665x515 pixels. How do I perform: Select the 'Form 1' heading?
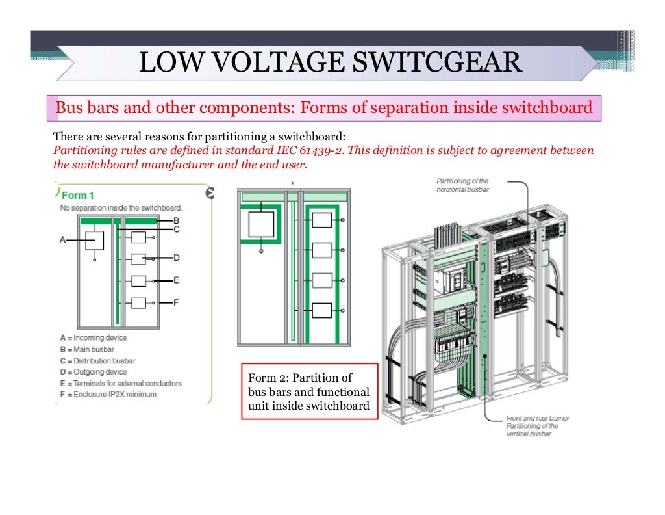coord(78,195)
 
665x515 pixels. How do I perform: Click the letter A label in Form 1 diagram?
coord(63,240)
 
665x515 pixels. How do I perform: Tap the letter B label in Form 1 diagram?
coord(176,220)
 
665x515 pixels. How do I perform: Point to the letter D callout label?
coord(176,258)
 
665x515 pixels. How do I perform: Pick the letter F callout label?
coord(176,302)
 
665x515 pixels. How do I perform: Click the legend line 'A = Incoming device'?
coord(93,338)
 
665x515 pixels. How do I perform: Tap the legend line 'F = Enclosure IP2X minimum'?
coord(108,394)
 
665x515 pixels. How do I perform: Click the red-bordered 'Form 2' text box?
coord(308,392)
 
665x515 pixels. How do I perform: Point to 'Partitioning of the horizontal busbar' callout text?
coord(462,185)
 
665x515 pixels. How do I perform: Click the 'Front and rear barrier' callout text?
coord(538,418)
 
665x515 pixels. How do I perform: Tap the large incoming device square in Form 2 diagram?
coord(262,224)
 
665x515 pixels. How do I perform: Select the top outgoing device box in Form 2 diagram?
coord(322,220)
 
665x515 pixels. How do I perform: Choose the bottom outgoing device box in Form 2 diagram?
coord(322,310)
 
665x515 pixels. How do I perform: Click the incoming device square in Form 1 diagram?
coord(95,241)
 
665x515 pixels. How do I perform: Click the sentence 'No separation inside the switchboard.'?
coord(121,207)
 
